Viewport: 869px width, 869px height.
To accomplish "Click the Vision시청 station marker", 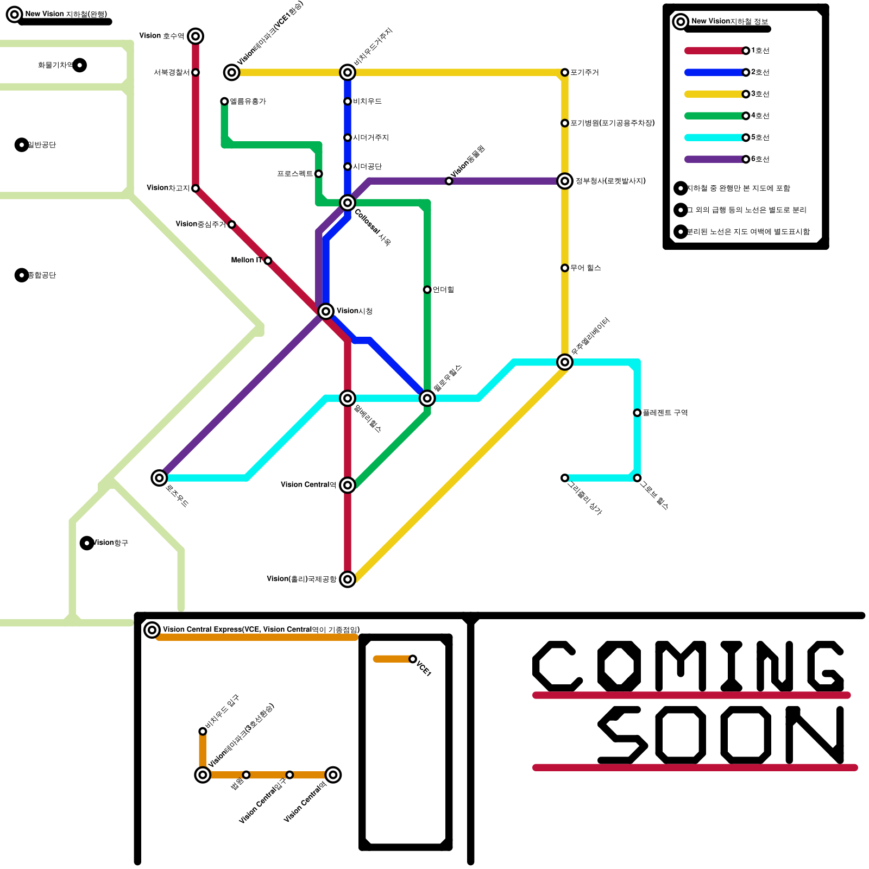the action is click(326, 311).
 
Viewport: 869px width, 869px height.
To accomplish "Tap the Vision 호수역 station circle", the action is click(196, 36).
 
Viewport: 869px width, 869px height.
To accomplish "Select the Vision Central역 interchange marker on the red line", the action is click(348, 485).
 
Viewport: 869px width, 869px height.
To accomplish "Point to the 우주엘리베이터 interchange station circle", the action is click(565, 362).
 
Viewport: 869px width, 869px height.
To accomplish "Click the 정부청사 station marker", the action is click(565, 181).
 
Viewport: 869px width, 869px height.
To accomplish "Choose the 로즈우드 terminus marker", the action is click(159, 478).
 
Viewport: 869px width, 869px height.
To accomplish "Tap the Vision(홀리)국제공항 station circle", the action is click(348, 579).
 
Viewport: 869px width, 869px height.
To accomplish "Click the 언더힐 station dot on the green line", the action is click(427, 289).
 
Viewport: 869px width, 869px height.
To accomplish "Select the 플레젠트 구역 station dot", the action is click(637, 413).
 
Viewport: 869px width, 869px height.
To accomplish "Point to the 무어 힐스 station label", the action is click(585, 268).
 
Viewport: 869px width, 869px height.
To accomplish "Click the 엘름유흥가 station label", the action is click(248, 102).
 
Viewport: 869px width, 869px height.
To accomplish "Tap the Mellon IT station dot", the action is click(268, 261).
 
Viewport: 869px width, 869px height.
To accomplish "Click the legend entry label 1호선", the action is click(760, 51).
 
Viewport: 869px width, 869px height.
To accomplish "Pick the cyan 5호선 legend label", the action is click(760, 137).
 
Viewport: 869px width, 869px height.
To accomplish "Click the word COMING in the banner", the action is click(689, 666).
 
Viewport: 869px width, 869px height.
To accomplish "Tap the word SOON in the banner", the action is click(721, 735).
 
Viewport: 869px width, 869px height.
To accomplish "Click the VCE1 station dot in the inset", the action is click(413, 659).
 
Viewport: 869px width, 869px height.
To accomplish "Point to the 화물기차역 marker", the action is click(80, 65).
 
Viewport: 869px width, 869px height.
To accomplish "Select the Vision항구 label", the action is click(112, 543).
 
